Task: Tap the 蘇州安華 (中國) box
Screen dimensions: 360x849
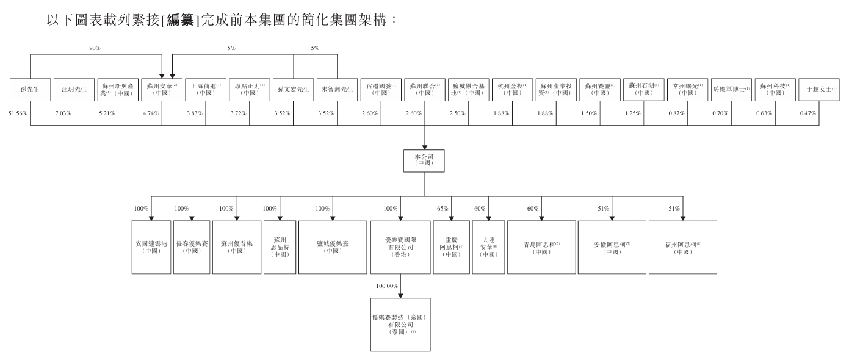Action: pos(162,89)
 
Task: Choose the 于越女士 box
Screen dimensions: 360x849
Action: pos(819,89)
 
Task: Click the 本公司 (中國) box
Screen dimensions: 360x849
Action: pos(424,160)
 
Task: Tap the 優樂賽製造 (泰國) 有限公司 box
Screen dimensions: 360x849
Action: pos(400,325)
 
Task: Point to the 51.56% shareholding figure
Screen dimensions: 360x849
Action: pos(18,114)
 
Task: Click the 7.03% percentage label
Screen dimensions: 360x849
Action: pos(62,114)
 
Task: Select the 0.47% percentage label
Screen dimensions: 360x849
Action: pos(807,114)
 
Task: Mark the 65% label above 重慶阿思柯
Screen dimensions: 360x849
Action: pos(443,209)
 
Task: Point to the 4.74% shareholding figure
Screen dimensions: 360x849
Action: pos(150,114)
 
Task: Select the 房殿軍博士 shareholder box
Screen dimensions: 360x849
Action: pos(731,89)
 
